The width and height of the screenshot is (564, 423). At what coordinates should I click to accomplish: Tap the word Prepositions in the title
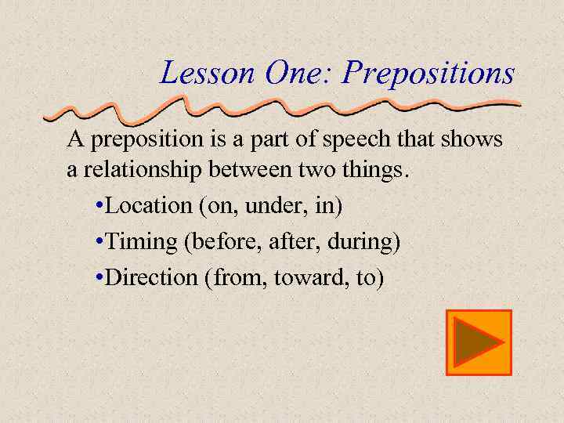[x=429, y=74]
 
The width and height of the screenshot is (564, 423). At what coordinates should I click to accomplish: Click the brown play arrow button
[x=479, y=342]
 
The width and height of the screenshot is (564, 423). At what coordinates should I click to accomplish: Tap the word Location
[x=148, y=206]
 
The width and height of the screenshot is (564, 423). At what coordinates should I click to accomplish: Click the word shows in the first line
[x=471, y=140]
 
